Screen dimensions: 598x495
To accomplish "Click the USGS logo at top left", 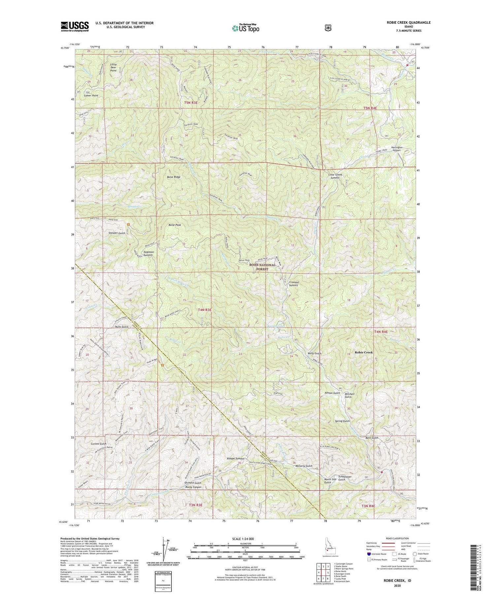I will point(75,26).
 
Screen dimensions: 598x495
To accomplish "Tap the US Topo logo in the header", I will point(246,28).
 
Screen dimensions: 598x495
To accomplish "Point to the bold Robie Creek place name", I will point(364,352).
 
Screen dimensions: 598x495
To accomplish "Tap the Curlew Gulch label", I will point(98,444).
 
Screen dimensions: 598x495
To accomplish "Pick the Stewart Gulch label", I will point(117,233).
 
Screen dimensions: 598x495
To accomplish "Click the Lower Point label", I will point(91,95).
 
